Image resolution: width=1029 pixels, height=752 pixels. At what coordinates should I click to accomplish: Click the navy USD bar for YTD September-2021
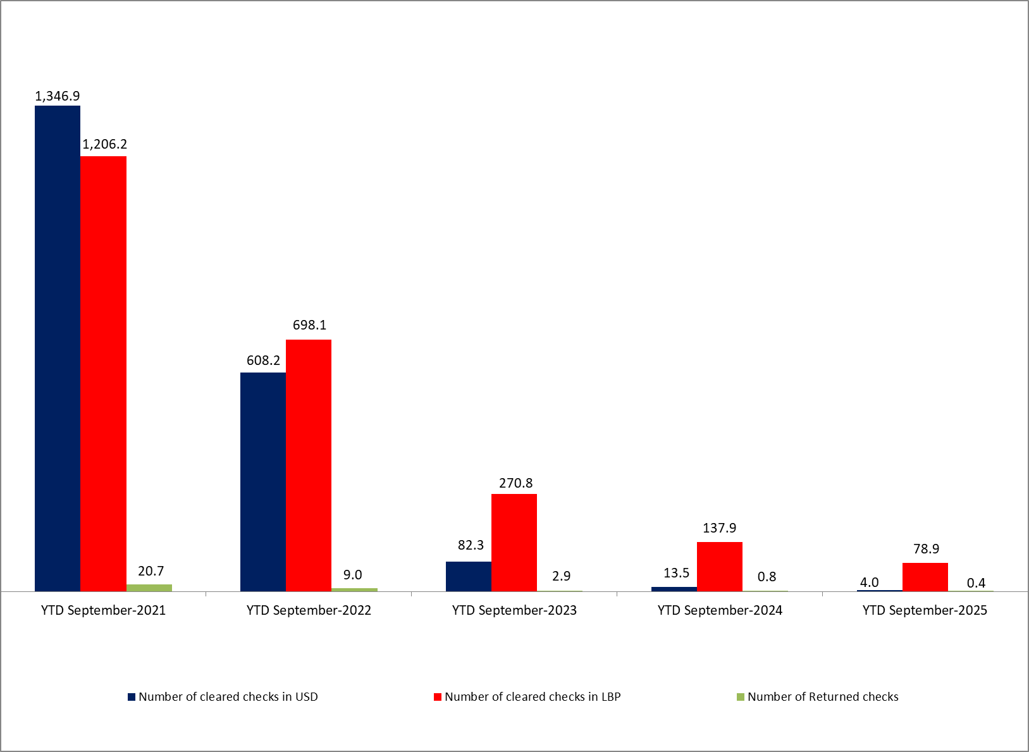point(58,348)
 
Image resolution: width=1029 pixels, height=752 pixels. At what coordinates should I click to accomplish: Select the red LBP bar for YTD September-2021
point(103,373)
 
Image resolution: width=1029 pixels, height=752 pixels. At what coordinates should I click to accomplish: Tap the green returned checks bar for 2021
point(149,588)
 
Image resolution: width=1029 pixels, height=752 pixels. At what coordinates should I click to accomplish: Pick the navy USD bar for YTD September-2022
point(263,481)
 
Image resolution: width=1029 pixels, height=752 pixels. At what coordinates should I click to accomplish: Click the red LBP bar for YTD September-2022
point(309,465)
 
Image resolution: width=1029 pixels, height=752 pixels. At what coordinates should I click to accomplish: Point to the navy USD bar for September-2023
point(469,576)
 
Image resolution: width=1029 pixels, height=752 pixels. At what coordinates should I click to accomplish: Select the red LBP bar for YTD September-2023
point(514,542)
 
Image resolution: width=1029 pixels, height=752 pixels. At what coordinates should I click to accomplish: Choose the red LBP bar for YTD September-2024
point(720,566)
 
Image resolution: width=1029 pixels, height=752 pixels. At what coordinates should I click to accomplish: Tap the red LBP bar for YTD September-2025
point(925,577)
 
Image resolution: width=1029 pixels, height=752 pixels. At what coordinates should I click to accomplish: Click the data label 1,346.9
point(58,96)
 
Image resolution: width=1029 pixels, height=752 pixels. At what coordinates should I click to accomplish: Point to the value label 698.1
point(309,325)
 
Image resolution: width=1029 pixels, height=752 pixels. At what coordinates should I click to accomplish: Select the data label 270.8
point(515,483)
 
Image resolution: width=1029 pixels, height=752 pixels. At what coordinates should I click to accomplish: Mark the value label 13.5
point(676,573)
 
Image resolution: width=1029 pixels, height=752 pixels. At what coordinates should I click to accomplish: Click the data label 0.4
point(976,582)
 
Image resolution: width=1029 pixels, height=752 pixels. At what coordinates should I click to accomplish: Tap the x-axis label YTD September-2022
point(309,610)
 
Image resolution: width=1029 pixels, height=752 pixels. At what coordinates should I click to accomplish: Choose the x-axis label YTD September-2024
point(720,610)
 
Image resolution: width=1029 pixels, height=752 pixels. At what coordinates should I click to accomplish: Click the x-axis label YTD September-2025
point(925,610)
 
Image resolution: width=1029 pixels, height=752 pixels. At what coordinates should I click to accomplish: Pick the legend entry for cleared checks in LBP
point(532,696)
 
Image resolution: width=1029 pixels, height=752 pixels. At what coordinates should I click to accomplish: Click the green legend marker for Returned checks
point(741,697)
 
